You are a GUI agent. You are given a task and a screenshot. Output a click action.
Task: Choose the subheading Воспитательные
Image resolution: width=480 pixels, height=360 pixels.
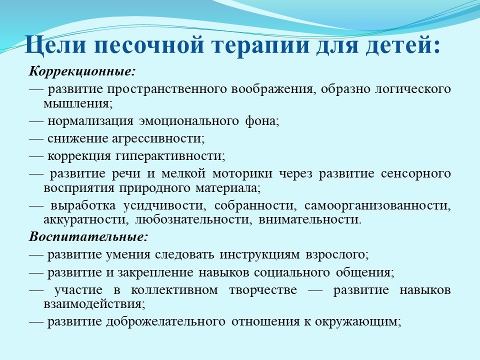point(88,236)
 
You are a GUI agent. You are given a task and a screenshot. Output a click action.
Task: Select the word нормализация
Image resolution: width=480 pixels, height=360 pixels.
point(90,121)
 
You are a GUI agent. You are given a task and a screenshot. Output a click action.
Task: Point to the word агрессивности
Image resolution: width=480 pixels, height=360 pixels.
point(158,138)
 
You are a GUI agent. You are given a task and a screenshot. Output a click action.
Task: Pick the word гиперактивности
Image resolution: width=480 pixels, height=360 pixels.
point(170,156)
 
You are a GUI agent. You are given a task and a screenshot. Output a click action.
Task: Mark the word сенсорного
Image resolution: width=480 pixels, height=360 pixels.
point(415,173)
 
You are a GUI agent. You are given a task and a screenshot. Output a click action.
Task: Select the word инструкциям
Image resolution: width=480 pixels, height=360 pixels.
point(259,254)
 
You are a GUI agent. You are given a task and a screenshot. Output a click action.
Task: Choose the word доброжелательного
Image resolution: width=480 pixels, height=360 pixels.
point(165,321)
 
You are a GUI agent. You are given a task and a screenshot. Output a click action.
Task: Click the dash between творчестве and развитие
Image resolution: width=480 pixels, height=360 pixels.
point(315,290)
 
